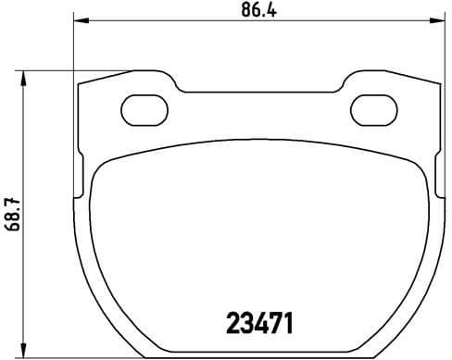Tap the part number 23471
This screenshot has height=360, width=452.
point(260,324)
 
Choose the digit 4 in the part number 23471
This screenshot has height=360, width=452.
point(261,324)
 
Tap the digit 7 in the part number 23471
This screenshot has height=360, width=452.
point(275,324)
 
